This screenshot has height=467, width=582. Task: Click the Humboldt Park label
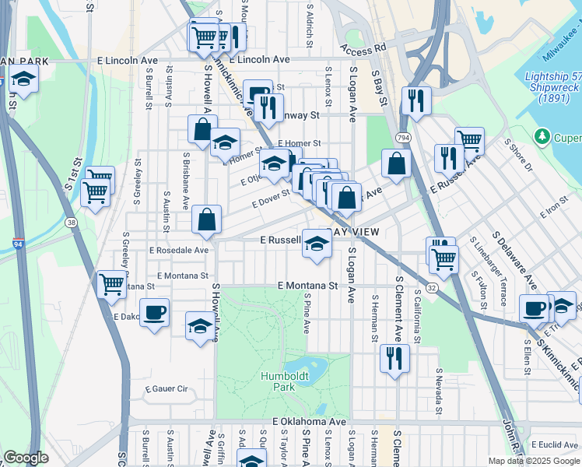click(277, 381)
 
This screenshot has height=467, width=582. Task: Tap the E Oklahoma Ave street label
click(308, 421)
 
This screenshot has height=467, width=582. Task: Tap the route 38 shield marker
click(72, 222)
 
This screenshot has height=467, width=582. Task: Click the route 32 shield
click(430, 287)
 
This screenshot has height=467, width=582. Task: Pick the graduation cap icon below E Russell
click(317, 244)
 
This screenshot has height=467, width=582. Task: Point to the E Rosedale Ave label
click(179, 251)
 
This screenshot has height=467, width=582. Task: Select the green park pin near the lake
click(543, 138)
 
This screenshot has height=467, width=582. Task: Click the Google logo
click(26, 458)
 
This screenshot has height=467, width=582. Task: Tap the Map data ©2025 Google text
click(533, 461)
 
